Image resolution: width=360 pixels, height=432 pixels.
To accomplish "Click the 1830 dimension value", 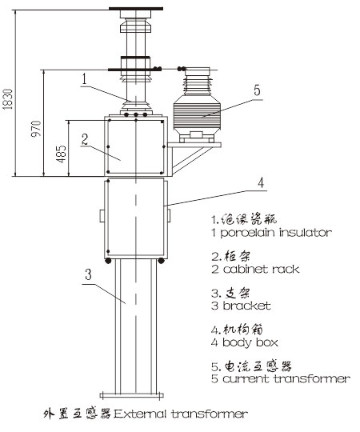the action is [8, 99].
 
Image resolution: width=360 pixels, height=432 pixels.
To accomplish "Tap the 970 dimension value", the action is [36, 129].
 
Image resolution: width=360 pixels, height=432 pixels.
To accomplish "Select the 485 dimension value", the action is [61, 154].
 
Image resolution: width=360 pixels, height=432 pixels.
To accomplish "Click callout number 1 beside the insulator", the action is [85, 78].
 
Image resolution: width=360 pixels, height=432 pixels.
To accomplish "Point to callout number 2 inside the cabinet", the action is [85, 139].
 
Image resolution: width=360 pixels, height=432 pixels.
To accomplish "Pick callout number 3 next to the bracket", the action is [88, 274].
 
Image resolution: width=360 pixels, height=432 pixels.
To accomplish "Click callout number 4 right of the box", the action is [261, 182].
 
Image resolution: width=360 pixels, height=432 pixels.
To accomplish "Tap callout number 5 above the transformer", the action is [257, 90].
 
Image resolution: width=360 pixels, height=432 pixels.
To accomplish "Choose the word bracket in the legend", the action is [246, 306].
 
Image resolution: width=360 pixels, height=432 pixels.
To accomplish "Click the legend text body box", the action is [250, 342].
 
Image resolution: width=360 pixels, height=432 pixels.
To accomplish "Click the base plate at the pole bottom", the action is [132, 396].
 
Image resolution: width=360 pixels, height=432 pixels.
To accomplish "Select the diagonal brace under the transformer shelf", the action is [191, 161].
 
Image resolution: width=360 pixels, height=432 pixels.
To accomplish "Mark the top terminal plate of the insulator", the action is [136, 9].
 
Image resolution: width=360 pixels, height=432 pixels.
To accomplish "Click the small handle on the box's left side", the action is [102, 215].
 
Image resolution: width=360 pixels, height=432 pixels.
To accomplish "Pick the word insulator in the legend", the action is [306, 233].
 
